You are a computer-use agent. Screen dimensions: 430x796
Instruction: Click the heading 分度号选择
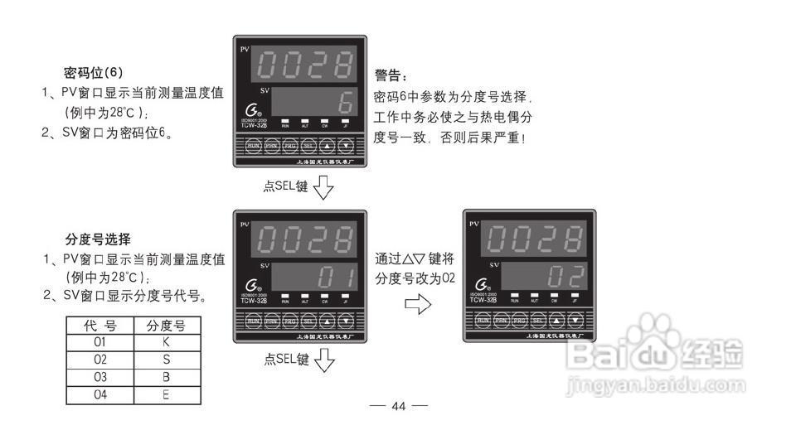click(x=98, y=240)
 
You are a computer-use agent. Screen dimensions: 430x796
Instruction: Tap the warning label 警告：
click(x=391, y=75)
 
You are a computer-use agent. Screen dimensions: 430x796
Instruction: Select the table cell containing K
click(x=166, y=341)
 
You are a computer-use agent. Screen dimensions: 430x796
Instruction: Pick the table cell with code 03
click(x=100, y=377)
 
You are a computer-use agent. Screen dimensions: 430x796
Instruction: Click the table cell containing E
click(x=166, y=395)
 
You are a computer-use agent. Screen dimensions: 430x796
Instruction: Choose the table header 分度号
click(x=166, y=325)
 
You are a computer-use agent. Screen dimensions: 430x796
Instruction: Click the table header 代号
click(x=100, y=325)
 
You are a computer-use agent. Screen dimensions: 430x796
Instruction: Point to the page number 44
click(x=398, y=406)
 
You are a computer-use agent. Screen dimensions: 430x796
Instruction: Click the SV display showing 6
click(x=314, y=103)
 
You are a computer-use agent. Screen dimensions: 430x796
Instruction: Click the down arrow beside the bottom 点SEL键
click(x=324, y=361)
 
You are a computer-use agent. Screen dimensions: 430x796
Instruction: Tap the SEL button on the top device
click(x=308, y=146)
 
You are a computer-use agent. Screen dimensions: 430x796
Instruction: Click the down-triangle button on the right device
click(x=575, y=320)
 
